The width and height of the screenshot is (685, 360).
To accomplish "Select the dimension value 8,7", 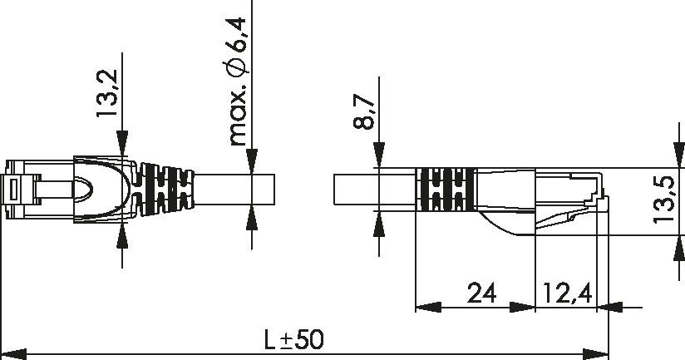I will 363,111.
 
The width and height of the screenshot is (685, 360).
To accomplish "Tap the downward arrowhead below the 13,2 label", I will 122,145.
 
